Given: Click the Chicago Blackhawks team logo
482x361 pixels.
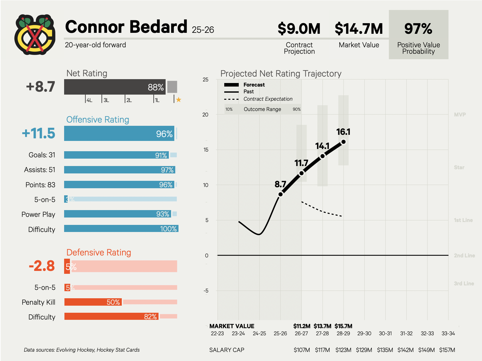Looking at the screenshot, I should pos(35,34).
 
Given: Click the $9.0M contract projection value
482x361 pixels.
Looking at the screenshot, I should pos(299,29).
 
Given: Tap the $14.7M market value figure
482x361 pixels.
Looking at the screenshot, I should pos(359,29).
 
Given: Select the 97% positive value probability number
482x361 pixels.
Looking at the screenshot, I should pos(418,29).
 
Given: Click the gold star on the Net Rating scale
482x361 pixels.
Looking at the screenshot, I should pos(178,100).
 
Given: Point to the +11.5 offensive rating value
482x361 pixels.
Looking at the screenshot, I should pos(39,133).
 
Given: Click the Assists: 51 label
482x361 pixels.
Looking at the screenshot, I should pos(40,170).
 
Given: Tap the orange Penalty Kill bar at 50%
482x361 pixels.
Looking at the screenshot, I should pos(93,302).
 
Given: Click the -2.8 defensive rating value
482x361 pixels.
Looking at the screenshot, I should pos(42,266).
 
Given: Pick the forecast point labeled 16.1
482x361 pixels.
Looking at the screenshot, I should pos(343,142).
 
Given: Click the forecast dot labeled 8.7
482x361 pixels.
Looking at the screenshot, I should pos(281,194).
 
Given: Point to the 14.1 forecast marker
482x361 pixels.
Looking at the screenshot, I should pos(323,156).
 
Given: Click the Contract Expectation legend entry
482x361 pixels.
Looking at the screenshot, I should pos(268,99).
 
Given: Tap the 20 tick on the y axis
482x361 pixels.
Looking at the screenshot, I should pos(205,115).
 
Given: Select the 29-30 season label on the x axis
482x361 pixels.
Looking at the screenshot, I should pos(364,333).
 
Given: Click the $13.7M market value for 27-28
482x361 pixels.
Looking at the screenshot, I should pos(322,326).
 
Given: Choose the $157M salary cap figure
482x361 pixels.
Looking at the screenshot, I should pos(447,350).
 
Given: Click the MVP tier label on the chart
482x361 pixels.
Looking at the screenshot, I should pos(460,115).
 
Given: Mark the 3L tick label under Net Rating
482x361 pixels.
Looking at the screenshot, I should pos(106,100).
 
